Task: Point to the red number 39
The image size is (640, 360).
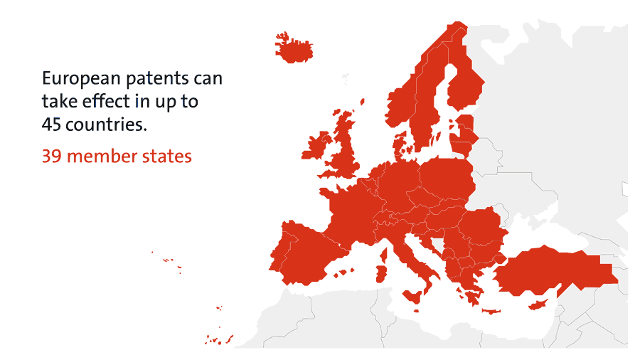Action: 52,156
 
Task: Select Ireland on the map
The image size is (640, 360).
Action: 316,147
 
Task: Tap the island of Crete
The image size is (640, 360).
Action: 491,312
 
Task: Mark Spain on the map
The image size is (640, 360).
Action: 302,253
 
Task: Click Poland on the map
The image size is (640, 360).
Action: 447,178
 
